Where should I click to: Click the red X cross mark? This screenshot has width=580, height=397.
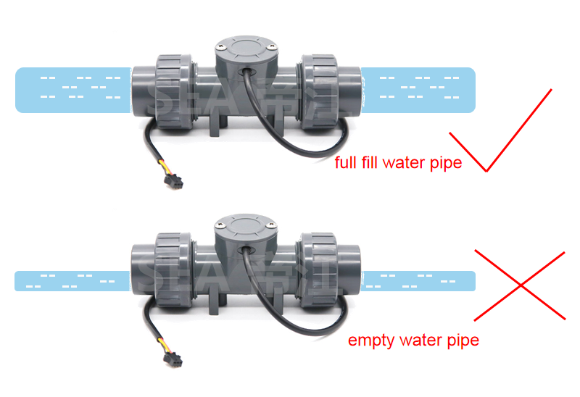pyautogui.click(x=520, y=285)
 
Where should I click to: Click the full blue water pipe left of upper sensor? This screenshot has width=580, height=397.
pyautogui.click(x=72, y=90)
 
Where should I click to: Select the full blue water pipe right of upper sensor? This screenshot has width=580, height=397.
pyautogui.click(x=418, y=90)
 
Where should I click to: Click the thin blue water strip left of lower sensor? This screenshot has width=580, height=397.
pyautogui.click(x=72, y=281)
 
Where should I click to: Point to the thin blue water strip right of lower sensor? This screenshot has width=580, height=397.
pyautogui.click(x=418, y=281)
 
